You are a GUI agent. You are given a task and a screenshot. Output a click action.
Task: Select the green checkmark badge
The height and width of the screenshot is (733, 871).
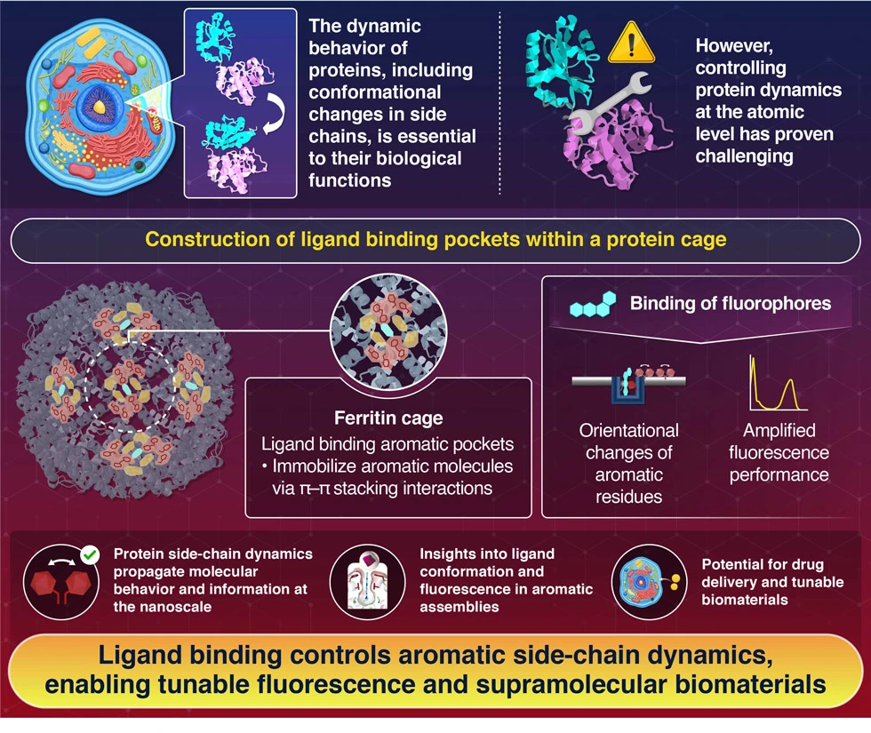click(x=89, y=557)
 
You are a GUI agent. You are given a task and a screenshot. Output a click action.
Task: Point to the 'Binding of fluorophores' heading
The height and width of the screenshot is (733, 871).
click(x=731, y=303)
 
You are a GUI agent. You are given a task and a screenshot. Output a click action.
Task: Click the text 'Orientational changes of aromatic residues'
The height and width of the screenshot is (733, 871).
click(x=628, y=463)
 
